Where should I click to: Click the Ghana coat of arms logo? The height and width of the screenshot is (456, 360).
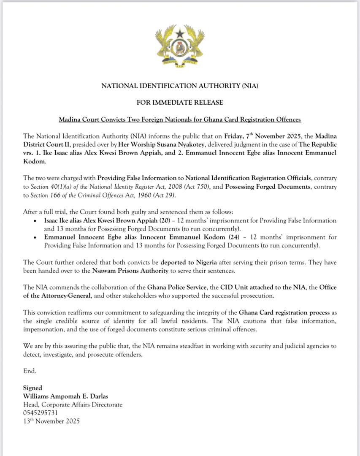[x=180, y=47]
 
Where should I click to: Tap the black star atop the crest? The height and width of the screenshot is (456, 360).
[x=180, y=33]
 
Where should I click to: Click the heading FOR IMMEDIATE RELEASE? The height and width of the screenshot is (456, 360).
[x=180, y=103]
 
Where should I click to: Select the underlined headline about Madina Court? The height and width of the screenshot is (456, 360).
[x=180, y=119]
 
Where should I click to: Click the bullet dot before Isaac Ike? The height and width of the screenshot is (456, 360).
[x=35, y=221]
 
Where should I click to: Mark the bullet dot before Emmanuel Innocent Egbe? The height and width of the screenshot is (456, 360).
[x=35, y=237]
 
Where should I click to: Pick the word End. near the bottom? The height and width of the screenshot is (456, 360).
[x=30, y=371]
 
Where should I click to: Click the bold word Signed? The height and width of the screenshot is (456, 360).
[x=32, y=388]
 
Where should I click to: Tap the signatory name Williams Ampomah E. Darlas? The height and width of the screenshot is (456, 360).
[x=65, y=396]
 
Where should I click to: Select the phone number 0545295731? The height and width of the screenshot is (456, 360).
[x=41, y=413]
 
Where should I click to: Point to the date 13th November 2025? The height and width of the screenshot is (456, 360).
[x=51, y=421]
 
